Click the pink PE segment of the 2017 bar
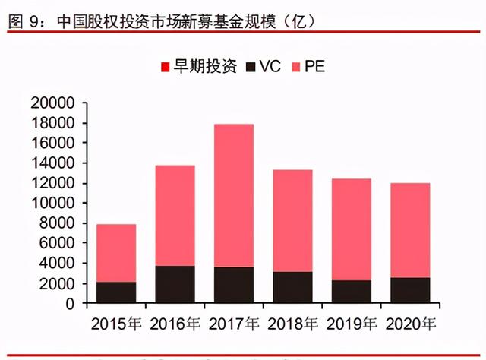pos(233,195)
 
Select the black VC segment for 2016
pos(175,285)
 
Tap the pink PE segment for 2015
pos(116,253)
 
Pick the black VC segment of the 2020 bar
pos(410,291)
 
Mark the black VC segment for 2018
pos(292,288)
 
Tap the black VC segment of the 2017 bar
pos(233,286)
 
